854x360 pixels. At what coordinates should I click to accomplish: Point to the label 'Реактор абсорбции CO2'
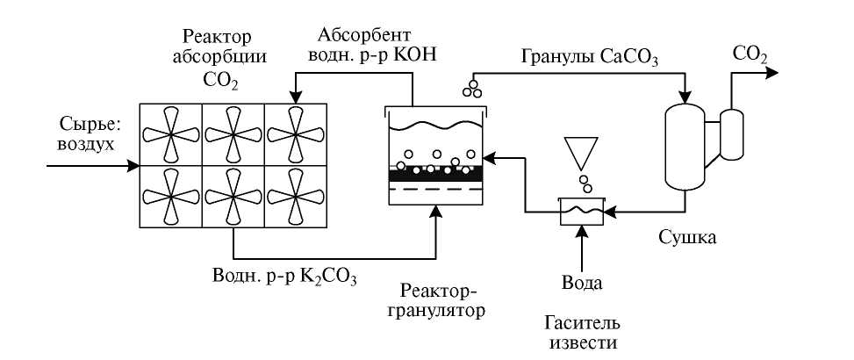click(x=217, y=59)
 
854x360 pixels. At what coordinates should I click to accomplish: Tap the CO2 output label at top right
click(x=750, y=55)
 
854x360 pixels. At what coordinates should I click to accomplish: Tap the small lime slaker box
click(x=581, y=211)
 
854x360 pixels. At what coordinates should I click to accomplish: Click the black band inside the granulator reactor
click(x=435, y=175)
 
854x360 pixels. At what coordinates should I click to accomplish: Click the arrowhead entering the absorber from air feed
click(x=134, y=164)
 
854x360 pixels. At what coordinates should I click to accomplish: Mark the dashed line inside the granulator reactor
click(x=435, y=188)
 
